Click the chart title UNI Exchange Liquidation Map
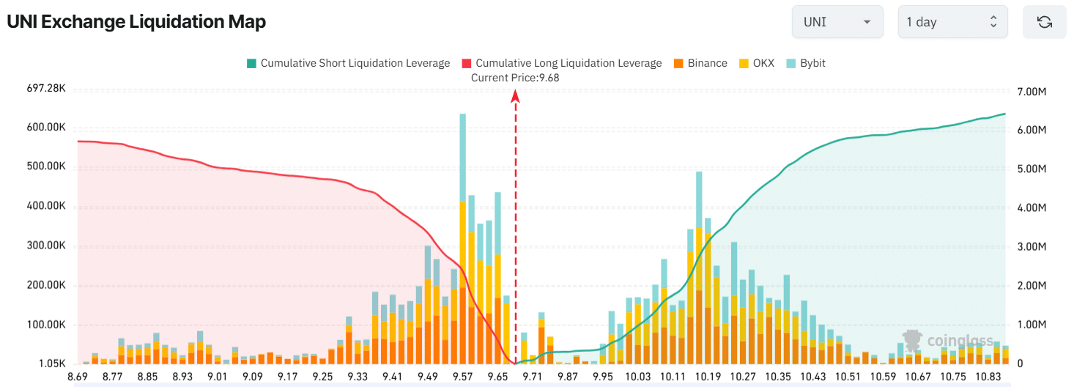[136, 22]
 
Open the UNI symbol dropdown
[837, 22]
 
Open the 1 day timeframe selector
[952, 22]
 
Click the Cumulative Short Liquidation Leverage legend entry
[349, 63]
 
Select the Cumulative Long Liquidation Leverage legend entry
[562, 63]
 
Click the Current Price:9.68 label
[515, 78]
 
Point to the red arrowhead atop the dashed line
[516, 95]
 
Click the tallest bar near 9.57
[463, 220]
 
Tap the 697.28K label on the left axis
[46, 89]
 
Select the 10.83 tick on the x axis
[988, 376]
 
